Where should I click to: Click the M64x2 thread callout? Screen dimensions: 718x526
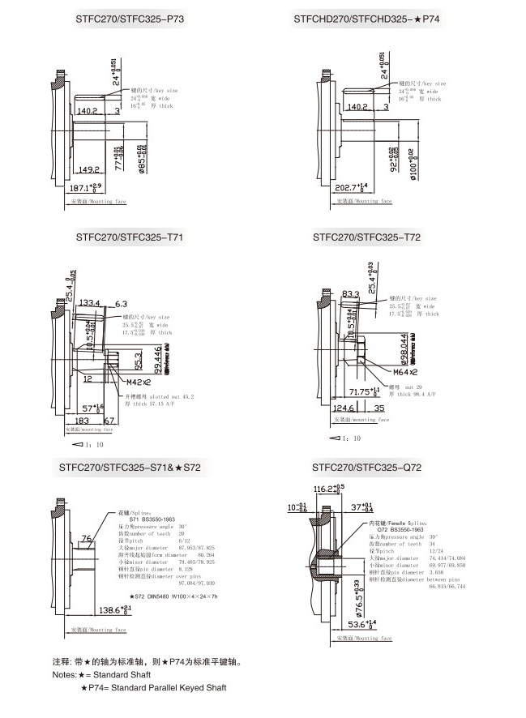coord(404,372)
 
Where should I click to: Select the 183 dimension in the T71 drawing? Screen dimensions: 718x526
coord(83,421)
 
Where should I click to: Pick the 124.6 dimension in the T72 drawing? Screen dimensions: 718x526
coord(346,408)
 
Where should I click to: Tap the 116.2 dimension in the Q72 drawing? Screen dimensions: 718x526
coord(328,488)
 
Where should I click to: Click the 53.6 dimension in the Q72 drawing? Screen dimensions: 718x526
coord(360,624)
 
